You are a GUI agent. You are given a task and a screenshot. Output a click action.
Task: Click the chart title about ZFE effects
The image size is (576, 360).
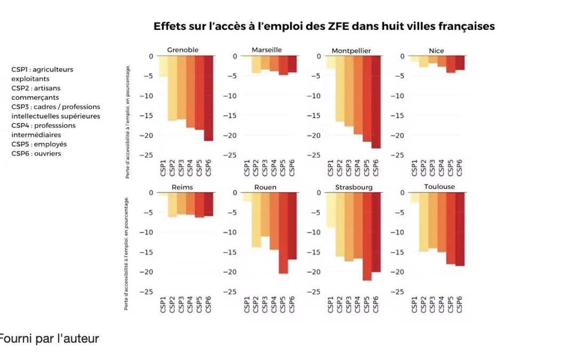click(324, 26)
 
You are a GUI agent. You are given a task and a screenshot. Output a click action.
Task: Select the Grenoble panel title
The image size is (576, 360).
click(182, 50)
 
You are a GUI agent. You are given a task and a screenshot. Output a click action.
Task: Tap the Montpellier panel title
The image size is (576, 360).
click(351, 51)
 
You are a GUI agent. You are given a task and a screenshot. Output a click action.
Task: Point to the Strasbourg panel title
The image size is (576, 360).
click(354, 187)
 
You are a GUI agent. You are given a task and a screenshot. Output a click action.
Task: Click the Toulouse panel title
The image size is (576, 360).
click(439, 187)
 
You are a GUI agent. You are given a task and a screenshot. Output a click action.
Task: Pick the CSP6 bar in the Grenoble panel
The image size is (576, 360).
click(209, 98)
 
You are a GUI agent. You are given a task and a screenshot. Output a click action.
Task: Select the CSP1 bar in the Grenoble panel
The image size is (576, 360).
click(163, 66)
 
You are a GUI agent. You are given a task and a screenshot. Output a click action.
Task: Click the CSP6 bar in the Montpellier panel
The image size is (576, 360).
click(377, 102)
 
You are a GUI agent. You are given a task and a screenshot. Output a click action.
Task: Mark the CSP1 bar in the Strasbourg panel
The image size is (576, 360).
click(331, 210)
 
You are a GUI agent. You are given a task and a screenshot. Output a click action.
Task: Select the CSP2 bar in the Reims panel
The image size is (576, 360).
click(172, 205)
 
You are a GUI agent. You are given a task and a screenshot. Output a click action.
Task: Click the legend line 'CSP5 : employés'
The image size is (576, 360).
click(39, 144)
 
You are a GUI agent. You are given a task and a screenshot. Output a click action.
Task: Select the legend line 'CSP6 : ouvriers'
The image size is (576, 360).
click(36, 154)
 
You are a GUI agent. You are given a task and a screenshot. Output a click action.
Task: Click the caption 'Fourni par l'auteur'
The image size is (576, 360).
click(49, 338)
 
